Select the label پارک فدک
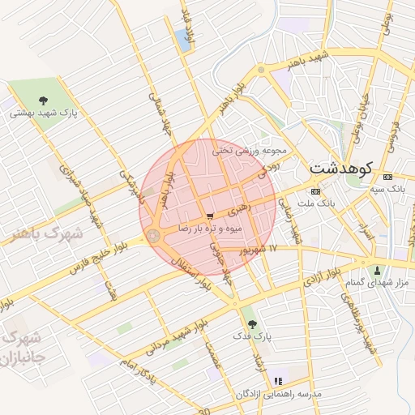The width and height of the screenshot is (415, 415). click(248, 334)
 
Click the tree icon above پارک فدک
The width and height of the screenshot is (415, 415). click(248, 321)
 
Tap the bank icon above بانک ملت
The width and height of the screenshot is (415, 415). click(315, 190)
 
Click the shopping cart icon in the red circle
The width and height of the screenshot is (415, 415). click(210, 216)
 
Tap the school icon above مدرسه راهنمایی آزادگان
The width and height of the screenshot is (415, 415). click(278, 380)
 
